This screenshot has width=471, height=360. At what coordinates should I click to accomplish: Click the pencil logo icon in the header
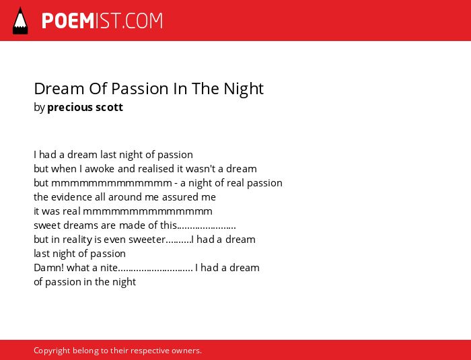(x=20, y=20)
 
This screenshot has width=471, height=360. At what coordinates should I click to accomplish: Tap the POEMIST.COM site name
(x=102, y=21)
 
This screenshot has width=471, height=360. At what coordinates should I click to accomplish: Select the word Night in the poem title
(x=244, y=89)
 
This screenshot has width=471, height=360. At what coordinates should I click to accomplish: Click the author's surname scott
(x=109, y=107)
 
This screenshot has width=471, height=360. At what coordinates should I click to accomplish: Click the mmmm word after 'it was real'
(x=147, y=211)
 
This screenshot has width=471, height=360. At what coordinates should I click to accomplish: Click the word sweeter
(x=147, y=240)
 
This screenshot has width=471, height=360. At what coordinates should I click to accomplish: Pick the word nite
(x=109, y=267)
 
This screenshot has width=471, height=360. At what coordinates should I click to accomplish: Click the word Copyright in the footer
(x=52, y=351)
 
